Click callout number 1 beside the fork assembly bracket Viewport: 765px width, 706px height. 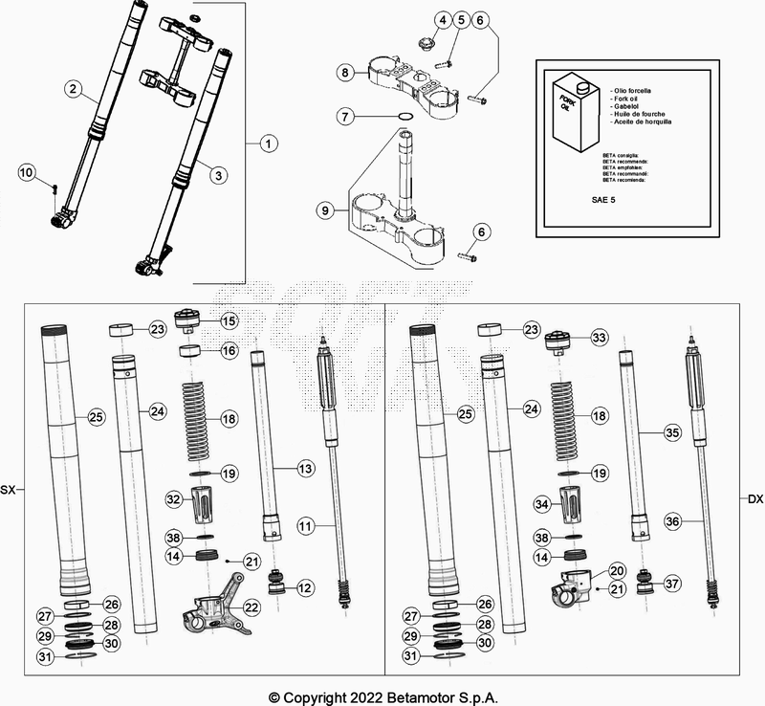pyautogui.click(x=268, y=143)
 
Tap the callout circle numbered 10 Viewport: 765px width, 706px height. pyautogui.click(x=27, y=172)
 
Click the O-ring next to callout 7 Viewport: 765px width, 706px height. pyautogui.click(x=405, y=117)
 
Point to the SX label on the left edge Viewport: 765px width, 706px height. pyautogui.click(x=9, y=490)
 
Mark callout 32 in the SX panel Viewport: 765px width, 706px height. pyautogui.click(x=173, y=498)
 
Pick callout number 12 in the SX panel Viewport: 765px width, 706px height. pyautogui.click(x=306, y=586)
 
